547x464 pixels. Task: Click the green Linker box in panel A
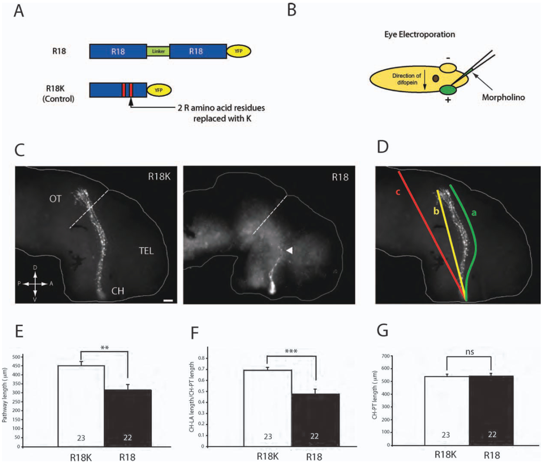158,51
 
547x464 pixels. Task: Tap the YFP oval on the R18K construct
159,90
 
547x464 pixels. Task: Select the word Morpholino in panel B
503,97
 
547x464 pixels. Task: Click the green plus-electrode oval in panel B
448,90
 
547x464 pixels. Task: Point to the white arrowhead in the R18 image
289,250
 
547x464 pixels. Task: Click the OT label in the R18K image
55,199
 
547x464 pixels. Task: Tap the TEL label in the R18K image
146,251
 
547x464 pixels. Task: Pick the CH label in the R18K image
118,291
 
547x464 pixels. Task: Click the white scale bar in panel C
168,301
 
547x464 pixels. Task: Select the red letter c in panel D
398,192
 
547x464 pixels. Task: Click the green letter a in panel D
474,213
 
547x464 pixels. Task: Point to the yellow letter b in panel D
436,211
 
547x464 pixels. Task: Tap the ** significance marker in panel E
105,348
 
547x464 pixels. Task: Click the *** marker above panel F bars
291,351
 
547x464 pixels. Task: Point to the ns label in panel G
469,352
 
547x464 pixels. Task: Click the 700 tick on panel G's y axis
386,356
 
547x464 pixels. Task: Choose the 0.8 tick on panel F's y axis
201,358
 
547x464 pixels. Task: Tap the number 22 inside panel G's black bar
492,434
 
